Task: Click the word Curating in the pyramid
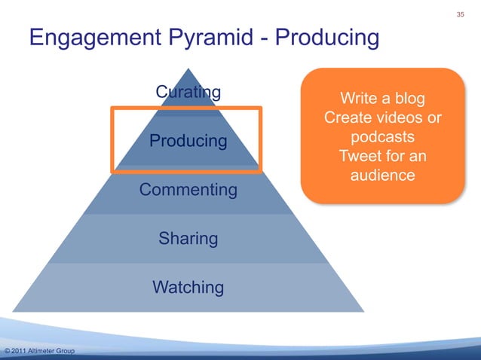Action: tap(188, 93)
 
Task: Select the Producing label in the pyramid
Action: tap(188, 141)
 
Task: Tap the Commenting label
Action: tap(188, 190)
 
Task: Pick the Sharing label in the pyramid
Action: tap(188, 239)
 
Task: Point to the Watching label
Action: tap(188, 287)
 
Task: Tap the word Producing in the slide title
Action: tap(328, 38)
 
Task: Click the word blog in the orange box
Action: tap(407, 99)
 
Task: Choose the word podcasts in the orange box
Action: tap(382, 139)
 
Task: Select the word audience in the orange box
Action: tap(382, 176)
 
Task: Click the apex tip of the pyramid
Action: tap(188, 70)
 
